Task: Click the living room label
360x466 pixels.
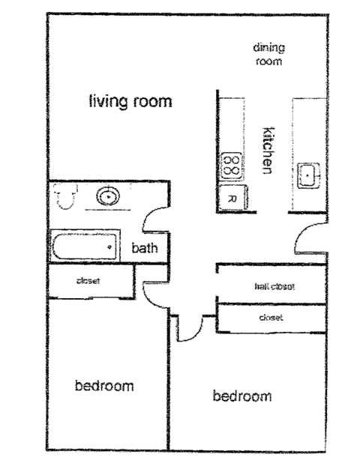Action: coord(130,101)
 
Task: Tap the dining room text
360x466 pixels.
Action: coord(268,55)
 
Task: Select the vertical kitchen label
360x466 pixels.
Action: coord(265,149)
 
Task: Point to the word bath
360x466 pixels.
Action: coord(145,249)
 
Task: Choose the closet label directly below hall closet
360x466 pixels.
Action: coord(270,318)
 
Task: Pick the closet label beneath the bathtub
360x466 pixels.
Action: coord(88,282)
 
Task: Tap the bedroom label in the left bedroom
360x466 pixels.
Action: coord(104,386)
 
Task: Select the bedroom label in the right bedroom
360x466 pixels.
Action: coord(242,396)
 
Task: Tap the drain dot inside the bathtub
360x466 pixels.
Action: coord(110,246)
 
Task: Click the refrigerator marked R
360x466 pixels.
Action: coord(232,199)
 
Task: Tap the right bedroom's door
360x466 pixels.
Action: coord(190,326)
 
